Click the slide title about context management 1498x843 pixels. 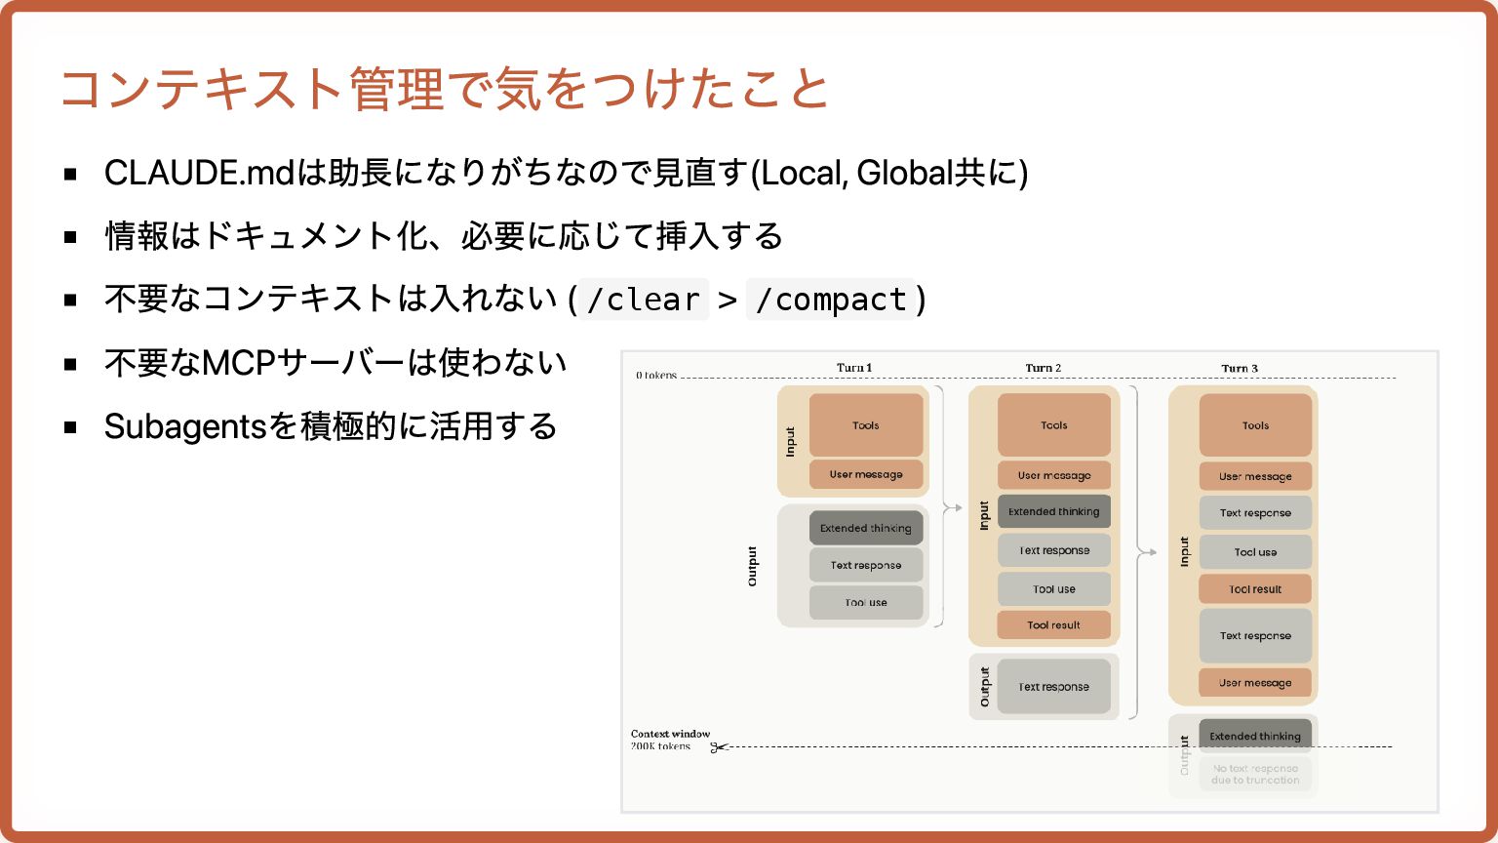444,89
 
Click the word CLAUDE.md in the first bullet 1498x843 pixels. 199,173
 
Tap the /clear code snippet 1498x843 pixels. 644,300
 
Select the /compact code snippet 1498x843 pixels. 831,300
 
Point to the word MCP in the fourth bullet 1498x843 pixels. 238,363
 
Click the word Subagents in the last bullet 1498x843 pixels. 185,426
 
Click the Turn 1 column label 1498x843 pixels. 854,368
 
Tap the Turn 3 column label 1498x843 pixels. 1240,369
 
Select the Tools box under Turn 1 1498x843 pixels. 866,424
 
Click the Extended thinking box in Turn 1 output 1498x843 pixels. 866,528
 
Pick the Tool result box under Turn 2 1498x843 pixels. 1053,624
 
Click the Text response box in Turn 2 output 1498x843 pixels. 1053,686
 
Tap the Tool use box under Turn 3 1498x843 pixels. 1255,551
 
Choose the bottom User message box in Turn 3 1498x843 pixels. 1255,682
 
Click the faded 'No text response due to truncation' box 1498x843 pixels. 1255,774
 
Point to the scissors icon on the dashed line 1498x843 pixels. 719,747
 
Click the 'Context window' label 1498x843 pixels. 670,734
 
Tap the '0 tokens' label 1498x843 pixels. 655,375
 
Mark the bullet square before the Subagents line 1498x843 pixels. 70,426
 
